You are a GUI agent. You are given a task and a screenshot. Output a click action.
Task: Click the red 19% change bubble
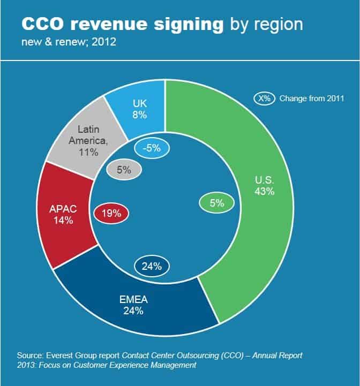pyautogui.click(x=111, y=213)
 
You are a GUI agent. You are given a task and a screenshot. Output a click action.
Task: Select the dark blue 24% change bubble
pyautogui.click(x=152, y=266)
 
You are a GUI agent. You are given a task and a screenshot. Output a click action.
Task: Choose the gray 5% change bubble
pyautogui.click(x=124, y=170)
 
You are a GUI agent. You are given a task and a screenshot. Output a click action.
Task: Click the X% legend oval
pyautogui.click(x=264, y=99)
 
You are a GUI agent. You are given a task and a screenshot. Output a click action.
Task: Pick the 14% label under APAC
pyautogui.click(x=63, y=220)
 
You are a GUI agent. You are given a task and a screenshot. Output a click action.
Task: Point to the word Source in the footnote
pyautogui.click(x=31, y=355)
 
